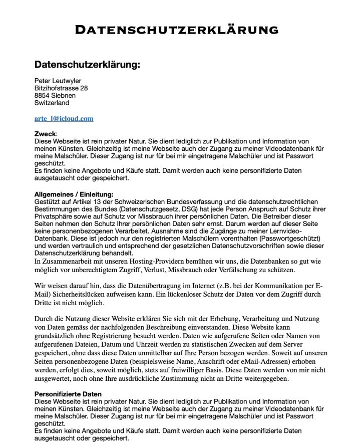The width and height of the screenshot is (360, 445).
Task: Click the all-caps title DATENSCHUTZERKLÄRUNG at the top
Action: coord(176,30)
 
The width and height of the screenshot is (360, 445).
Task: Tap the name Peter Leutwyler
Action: coord(58,81)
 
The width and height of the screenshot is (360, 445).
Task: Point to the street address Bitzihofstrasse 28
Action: coord(61,88)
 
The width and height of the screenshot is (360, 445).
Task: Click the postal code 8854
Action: coord(43,96)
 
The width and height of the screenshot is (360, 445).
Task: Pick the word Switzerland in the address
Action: coord(52,103)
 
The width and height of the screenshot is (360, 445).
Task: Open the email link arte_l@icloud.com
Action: coord(64,119)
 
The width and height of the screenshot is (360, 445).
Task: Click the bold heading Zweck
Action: coord(45,134)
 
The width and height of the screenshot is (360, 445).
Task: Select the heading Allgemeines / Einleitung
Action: coord(74,194)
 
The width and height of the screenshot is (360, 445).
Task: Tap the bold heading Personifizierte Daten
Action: coord(68,394)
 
